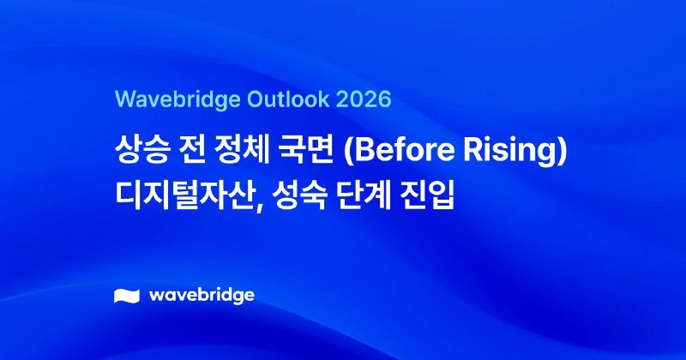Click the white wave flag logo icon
coord(126,297)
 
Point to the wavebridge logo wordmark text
coord(202,296)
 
